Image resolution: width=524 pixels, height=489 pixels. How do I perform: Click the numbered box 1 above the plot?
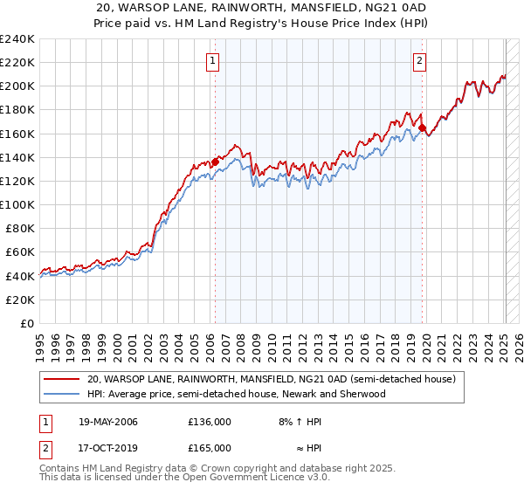coord(214,60)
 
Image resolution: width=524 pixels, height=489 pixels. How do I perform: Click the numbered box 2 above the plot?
coord(420,60)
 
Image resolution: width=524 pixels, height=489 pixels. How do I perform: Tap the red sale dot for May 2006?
coord(215,162)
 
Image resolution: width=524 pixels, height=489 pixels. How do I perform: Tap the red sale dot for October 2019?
coord(422,127)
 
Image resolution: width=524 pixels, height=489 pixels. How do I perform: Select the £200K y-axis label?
coord(17,86)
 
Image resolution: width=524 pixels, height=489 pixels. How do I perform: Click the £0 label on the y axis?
coord(28,323)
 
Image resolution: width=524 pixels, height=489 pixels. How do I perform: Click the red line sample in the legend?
coord(62,380)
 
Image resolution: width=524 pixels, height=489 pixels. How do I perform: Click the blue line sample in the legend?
coord(62,394)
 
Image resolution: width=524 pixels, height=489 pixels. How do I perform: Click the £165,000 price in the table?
coord(210,448)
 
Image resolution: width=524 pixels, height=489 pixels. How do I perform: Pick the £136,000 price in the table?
coord(210,422)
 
